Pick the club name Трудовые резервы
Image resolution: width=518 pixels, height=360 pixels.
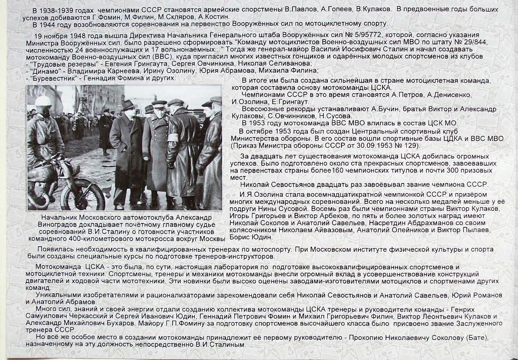coord(57,65)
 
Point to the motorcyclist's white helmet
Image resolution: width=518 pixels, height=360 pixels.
coord(43,102)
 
